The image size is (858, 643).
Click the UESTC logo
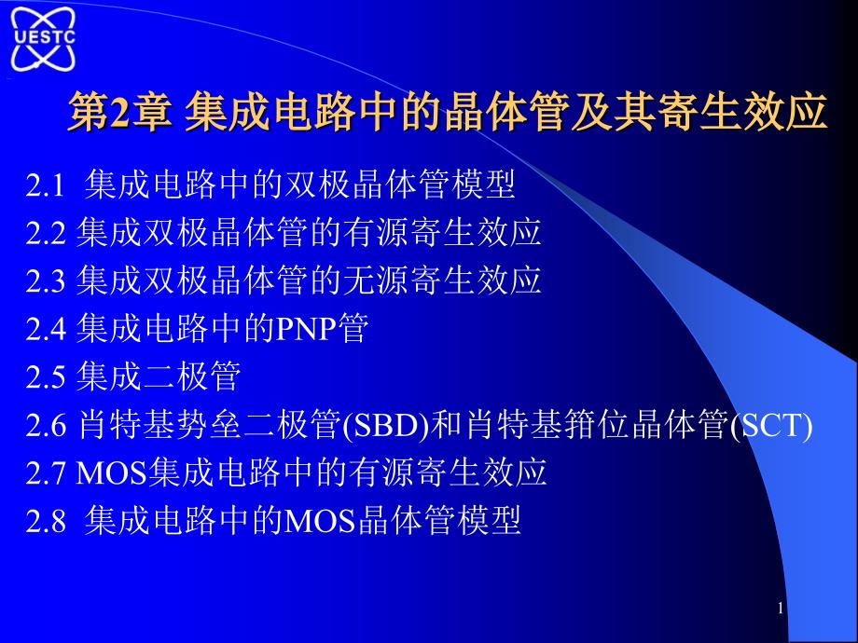[x=43, y=39]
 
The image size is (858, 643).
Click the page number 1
[x=781, y=608]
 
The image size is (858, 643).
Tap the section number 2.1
[x=46, y=185]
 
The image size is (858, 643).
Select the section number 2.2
[x=46, y=234]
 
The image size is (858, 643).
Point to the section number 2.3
[x=46, y=281]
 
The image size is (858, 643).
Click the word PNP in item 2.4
[x=306, y=329]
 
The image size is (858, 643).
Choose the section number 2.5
[x=46, y=377]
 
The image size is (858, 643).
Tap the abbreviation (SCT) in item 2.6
[x=771, y=426]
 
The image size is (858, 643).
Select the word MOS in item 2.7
[x=112, y=473]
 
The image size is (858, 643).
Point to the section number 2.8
[x=46, y=521]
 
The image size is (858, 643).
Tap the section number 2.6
[x=46, y=425]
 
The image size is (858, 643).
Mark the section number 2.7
[x=46, y=473]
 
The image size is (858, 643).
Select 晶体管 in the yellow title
[x=506, y=112]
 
